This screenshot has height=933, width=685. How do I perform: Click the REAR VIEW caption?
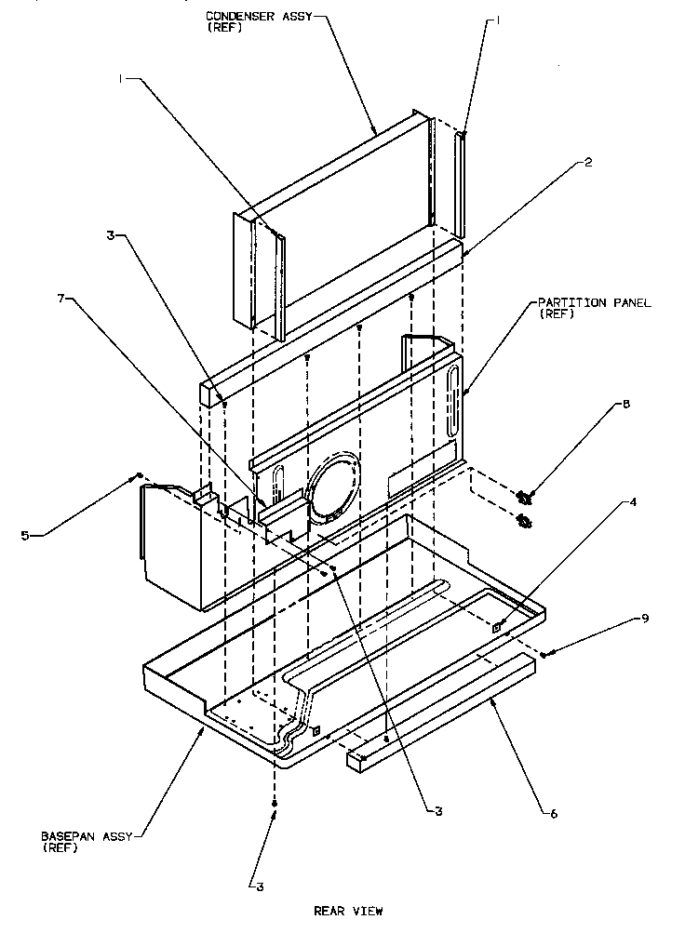(x=347, y=911)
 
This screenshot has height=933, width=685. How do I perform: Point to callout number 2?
(x=588, y=161)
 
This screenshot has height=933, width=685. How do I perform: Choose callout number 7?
(x=61, y=298)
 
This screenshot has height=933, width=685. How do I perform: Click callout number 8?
(x=625, y=404)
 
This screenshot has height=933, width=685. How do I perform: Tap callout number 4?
(x=633, y=502)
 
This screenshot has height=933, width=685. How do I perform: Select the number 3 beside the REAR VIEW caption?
(x=260, y=886)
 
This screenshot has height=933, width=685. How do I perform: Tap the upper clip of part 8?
(x=524, y=499)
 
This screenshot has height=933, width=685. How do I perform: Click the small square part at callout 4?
(x=498, y=626)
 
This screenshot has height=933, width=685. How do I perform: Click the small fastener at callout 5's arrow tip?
(x=139, y=474)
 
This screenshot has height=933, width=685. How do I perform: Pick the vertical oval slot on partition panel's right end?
(x=452, y=393)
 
